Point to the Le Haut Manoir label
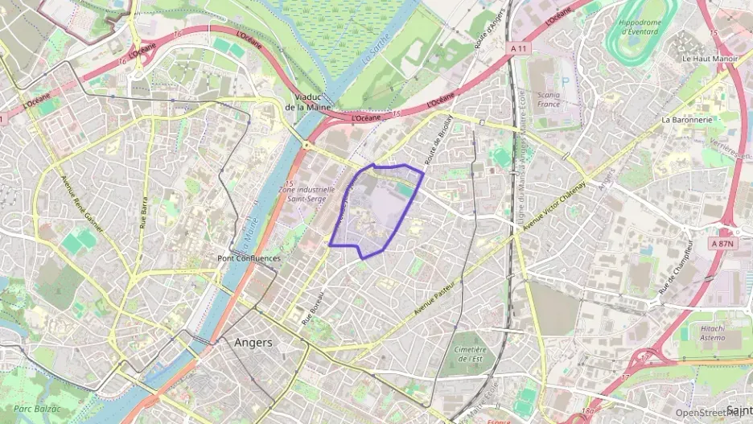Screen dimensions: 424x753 tap(710, 59)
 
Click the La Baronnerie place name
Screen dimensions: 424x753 tap(687, 119)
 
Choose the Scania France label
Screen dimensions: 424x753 tap(549, 99)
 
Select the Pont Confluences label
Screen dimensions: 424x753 tap(249, 258)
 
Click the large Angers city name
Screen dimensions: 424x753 tap(253, 342)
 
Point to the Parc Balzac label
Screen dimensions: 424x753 tap(38, 409)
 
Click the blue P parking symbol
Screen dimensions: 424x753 tap(564, 80)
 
